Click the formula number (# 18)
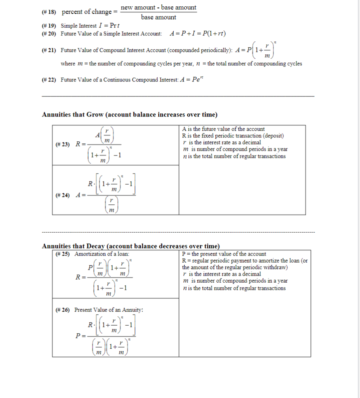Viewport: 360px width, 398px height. [49, 12]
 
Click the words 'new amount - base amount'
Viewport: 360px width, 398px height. [158, 7]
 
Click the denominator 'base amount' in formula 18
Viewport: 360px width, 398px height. [158, 17]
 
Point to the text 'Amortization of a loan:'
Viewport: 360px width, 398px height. [98, 254]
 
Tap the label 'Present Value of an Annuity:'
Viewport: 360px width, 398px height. [109, 310]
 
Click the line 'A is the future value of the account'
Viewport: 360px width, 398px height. [223, 129]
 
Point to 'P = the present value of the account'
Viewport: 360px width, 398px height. [224, 254]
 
